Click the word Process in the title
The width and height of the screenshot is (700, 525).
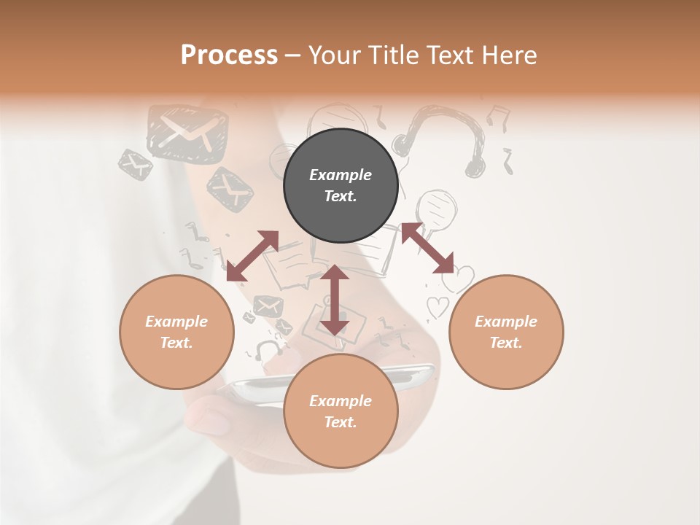[229, 55]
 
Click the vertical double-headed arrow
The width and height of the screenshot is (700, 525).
[335, 300]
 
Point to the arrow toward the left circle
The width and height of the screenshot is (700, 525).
[252, 256]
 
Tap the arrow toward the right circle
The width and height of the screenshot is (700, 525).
[427, 248]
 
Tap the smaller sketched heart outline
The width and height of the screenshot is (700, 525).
[437, 307]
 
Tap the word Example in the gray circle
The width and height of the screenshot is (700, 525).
[341, 175]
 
